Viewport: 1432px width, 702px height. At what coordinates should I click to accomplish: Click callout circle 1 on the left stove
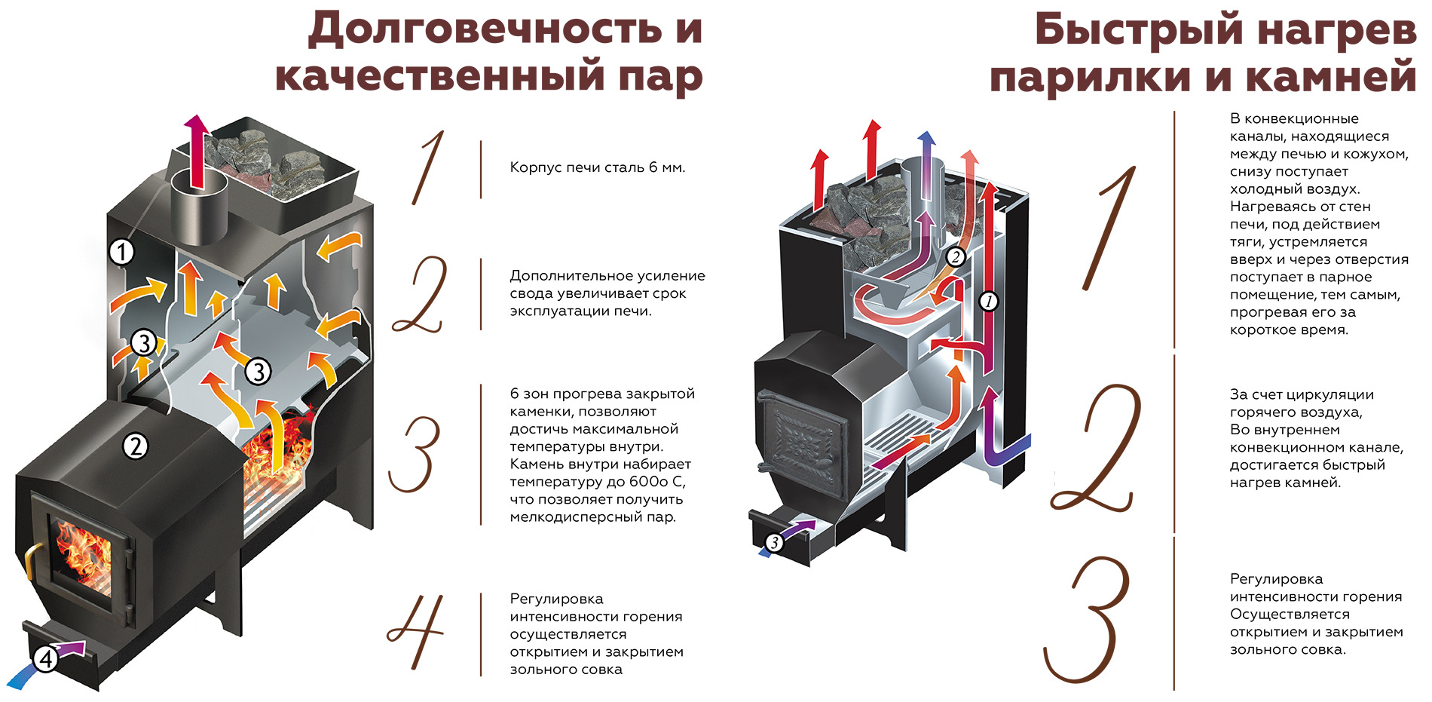point(121,251)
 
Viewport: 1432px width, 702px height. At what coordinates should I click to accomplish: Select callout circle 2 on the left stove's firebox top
point(136,446)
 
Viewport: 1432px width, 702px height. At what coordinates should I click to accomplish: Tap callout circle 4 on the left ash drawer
point(46,659)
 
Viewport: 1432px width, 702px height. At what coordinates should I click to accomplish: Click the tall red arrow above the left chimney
point(197,151)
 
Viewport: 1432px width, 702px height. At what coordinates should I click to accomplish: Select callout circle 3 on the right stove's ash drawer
point(774,542)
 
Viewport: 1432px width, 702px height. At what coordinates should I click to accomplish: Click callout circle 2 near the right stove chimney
point(956,256)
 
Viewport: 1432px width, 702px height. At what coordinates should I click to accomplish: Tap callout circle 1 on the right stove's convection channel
point(989,302)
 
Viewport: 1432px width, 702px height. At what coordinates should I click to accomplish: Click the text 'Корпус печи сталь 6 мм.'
point(597,167)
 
